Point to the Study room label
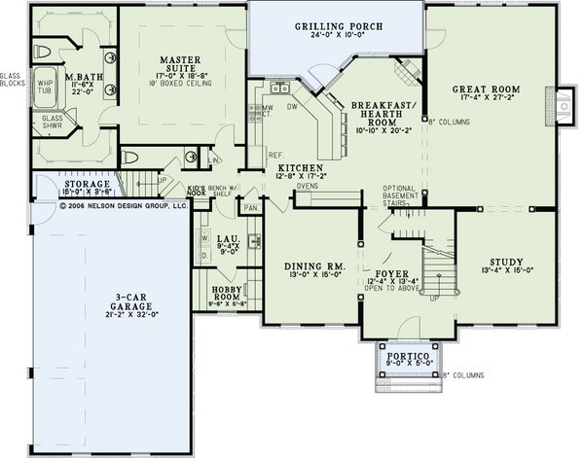coord(506,262)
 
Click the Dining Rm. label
coord(309,265)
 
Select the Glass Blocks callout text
coord(12,79)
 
